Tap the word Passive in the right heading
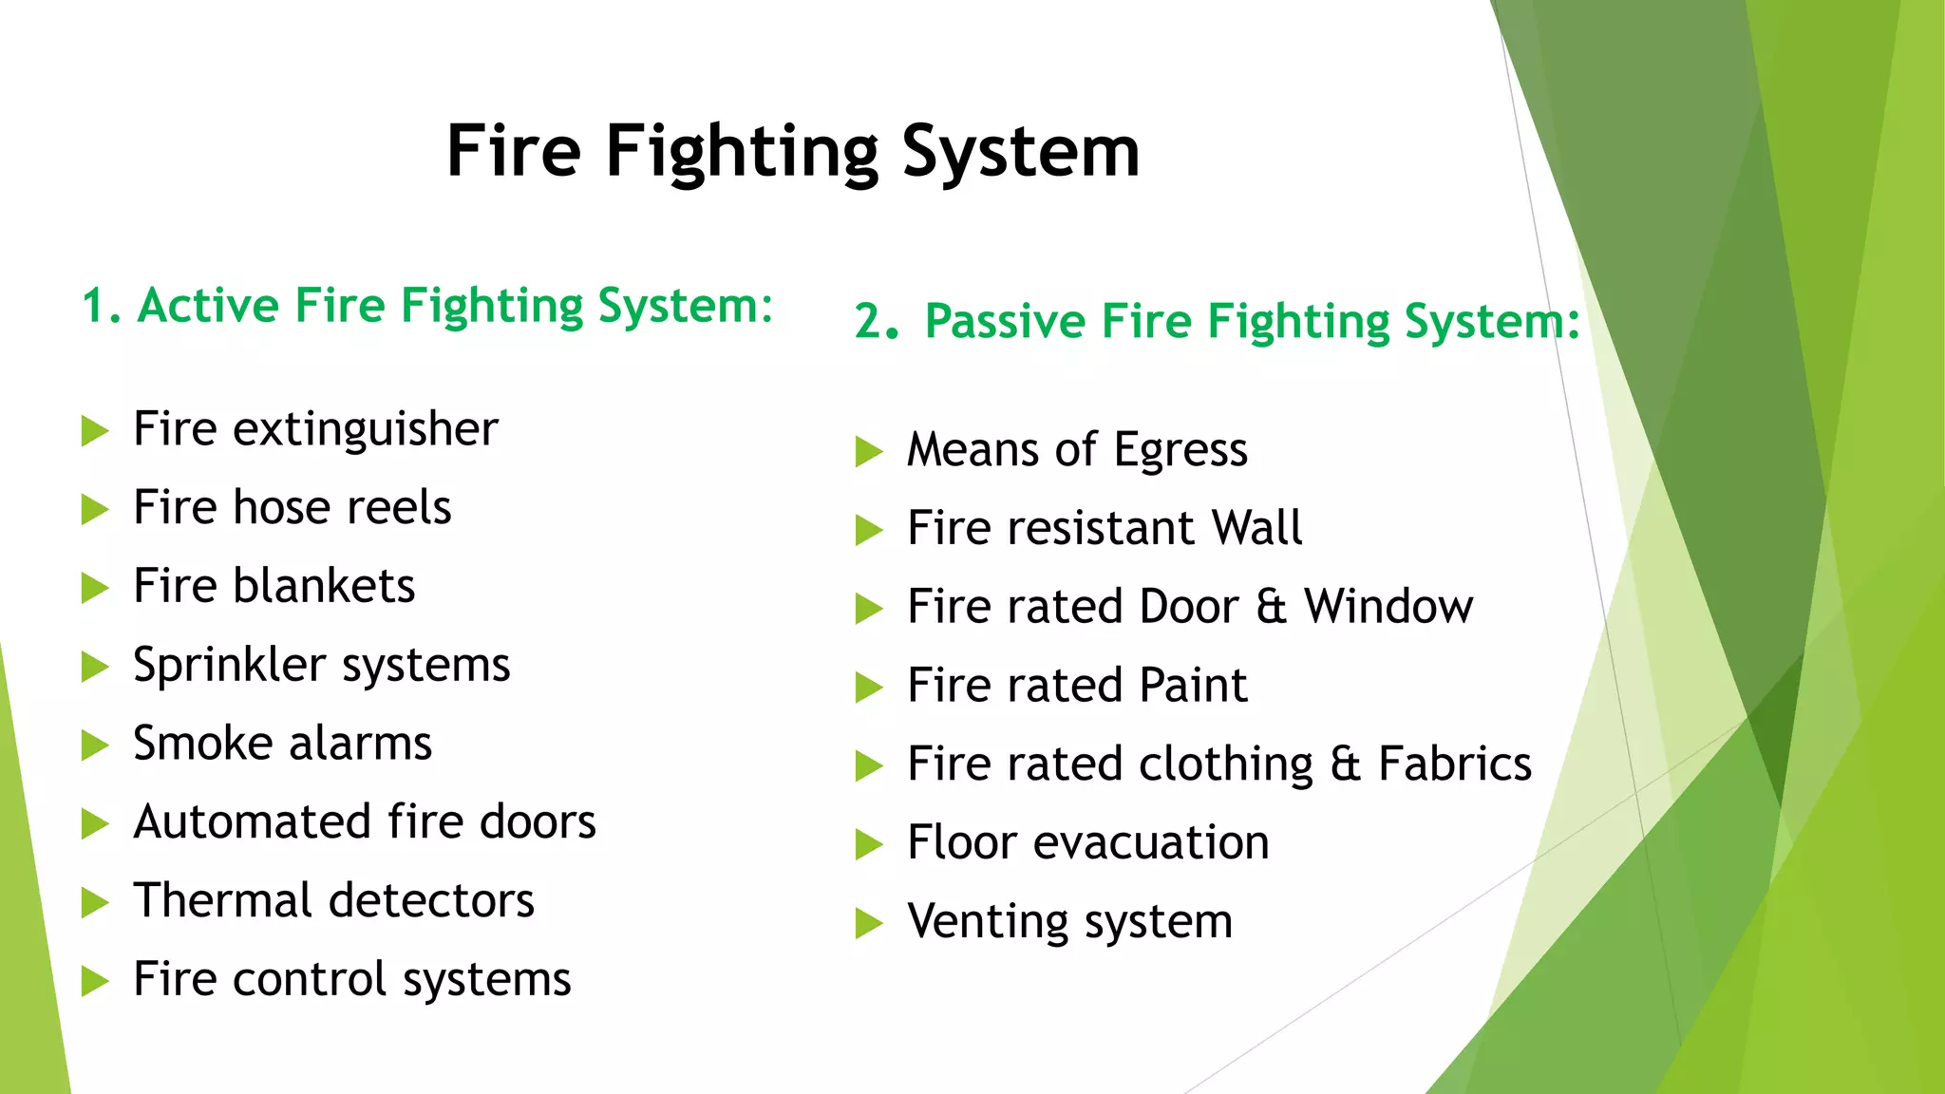[1005, 321]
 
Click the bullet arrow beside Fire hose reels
[95, 510]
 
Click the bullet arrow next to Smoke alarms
[95, 745]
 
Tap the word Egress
[1180, 451]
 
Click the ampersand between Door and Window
[1272, 607]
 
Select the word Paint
[1193, 686]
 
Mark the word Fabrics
[1455, 764]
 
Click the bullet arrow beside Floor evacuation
[869, 844]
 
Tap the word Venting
[988, 922]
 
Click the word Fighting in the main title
[743, 152]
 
